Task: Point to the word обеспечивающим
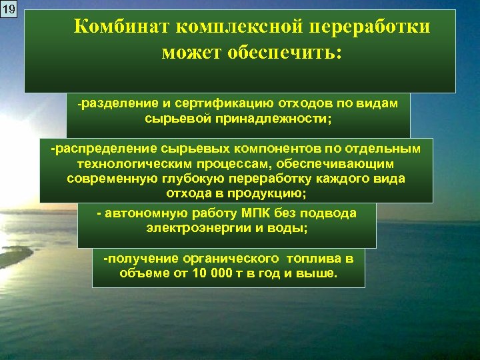click(345, 163)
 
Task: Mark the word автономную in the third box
click(137, 213)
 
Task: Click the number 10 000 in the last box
click(204, 273)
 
